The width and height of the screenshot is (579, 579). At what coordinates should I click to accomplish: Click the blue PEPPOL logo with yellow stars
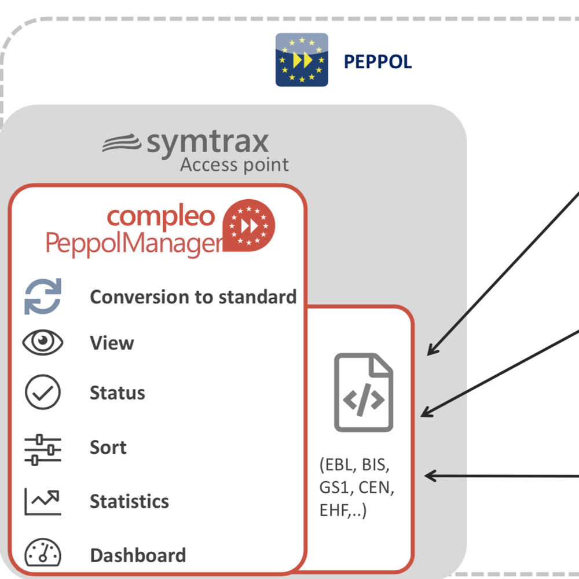click(x=302, y=60)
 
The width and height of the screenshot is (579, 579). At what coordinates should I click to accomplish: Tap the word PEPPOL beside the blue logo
click(x=378, y=62)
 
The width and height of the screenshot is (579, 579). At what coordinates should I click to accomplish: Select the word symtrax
click(x=207, y=142)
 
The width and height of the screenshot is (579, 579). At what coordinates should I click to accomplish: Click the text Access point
click(x=234, y=165)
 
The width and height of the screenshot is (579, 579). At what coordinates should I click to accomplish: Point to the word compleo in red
click(x=160, y=216)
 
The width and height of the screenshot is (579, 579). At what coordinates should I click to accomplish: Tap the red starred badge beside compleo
click(x=250, y=225)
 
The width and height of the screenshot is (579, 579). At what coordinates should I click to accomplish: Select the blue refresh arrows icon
click(x=43, y=296)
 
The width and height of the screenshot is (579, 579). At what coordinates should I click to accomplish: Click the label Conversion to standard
click(x=193, y=297)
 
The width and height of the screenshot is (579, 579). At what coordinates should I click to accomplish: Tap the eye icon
click(x=43, y=343)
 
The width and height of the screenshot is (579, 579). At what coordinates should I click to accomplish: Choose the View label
click(x=112, y=343)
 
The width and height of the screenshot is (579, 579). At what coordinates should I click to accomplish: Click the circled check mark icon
click(x=43, y=393)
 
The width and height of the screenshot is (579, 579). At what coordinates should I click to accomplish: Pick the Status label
click(x=117, y=393)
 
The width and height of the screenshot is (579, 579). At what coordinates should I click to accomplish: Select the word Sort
click(x=108, y=448)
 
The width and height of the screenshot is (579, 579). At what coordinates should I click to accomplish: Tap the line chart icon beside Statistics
click(x=42, y=501)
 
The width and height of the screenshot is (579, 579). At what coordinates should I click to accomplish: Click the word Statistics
click(x=129, y=501)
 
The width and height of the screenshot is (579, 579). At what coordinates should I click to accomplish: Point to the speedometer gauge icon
click(x=42, y=554)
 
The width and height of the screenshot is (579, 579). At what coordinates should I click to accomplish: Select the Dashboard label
click(x=138, y=555)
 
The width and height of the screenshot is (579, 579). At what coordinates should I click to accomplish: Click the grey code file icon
click(x=363, y=393)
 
